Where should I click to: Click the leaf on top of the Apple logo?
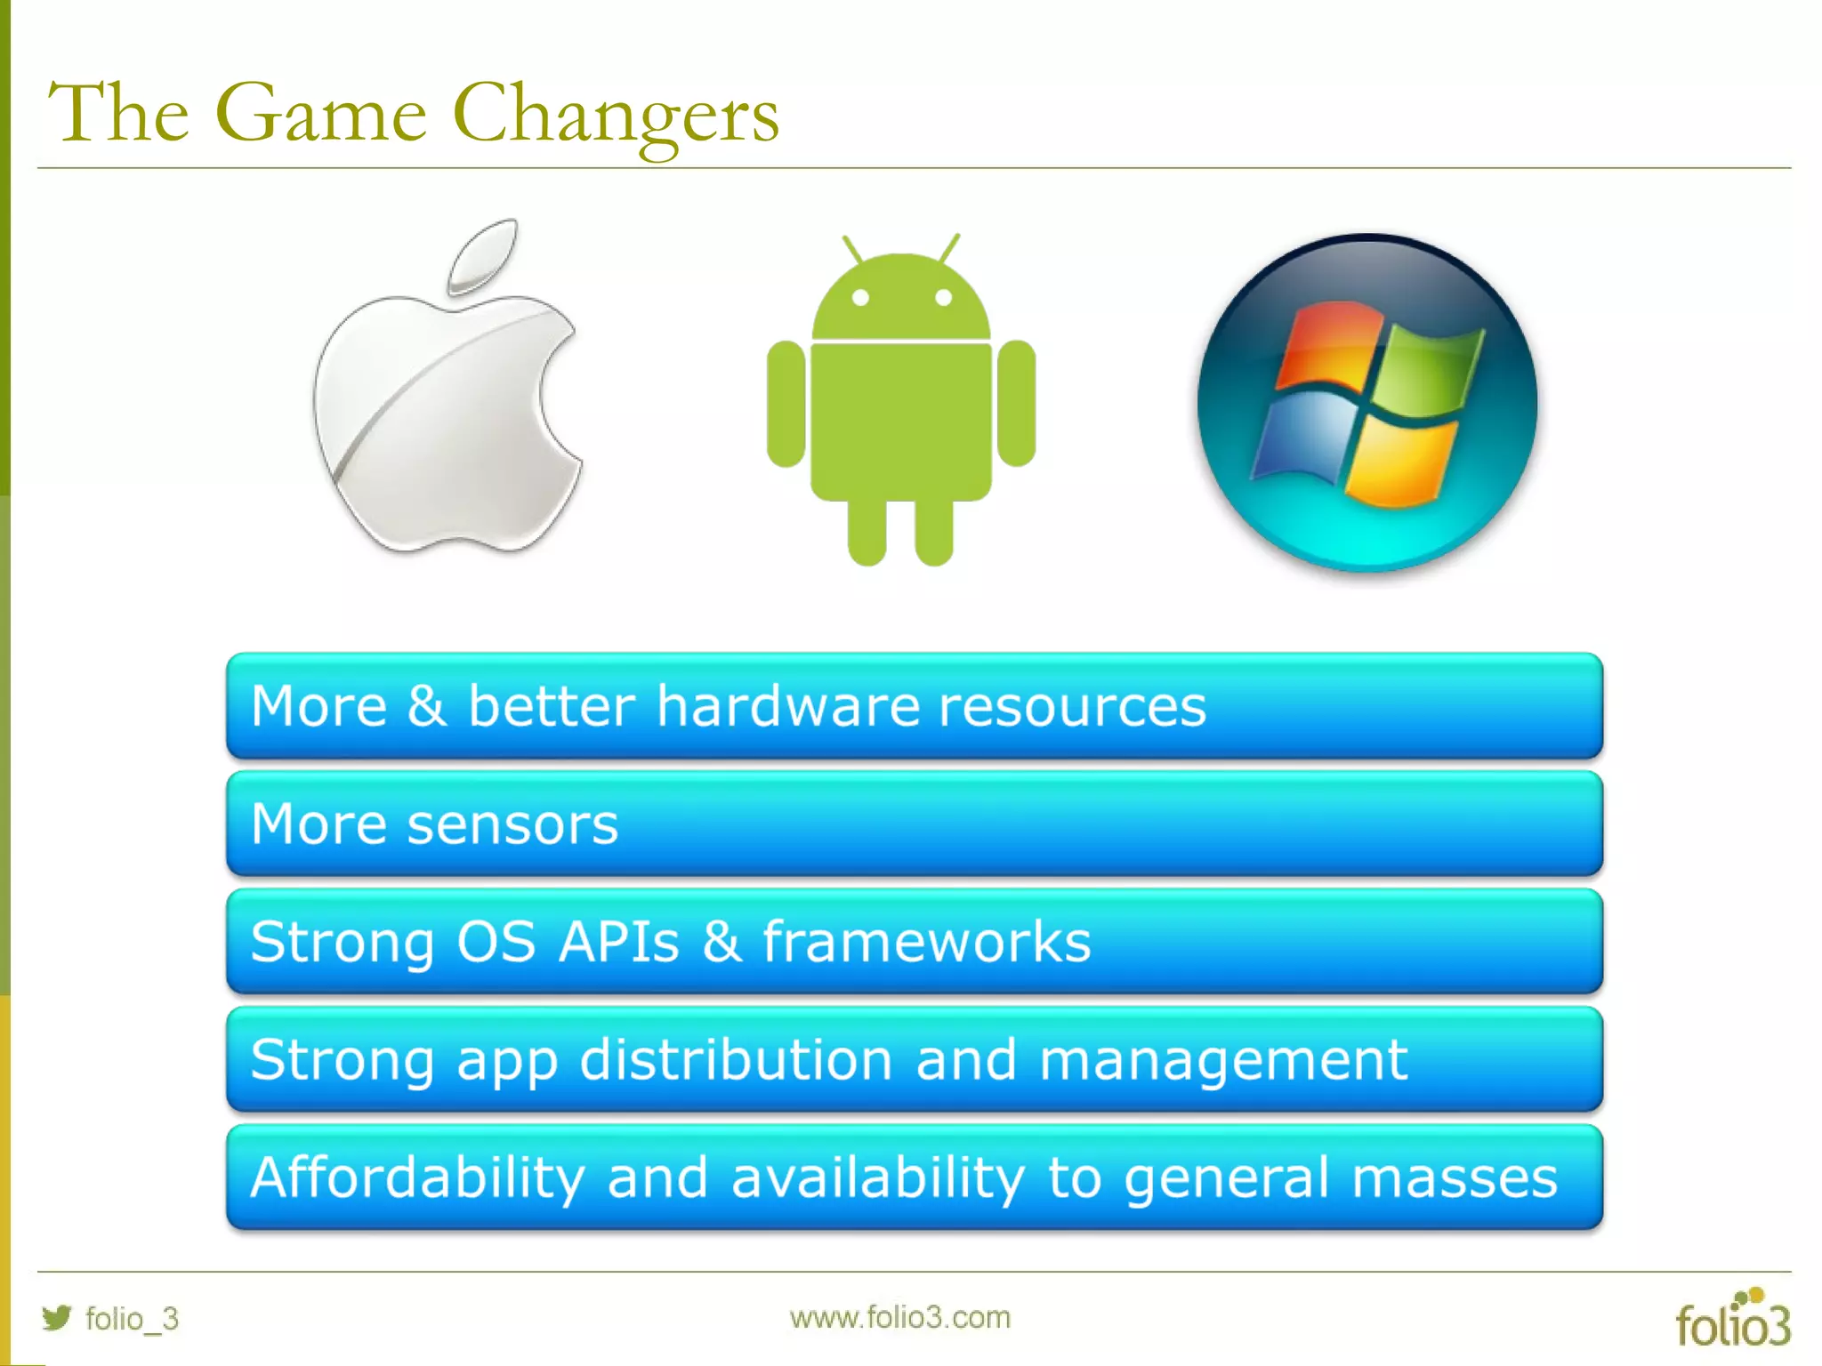click(483, 255)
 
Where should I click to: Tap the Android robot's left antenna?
click(852, 249)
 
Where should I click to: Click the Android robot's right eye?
click(944, 298)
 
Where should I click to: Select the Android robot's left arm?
click(786, 404)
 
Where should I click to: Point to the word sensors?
click(512, 824)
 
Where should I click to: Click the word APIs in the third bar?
click(619, 942)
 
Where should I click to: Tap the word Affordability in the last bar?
click(417, 1177)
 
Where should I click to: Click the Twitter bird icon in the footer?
click(56, 1317)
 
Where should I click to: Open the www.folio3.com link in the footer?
click(900, 1317)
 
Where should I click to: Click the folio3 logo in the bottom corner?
click(1733, 1320)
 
